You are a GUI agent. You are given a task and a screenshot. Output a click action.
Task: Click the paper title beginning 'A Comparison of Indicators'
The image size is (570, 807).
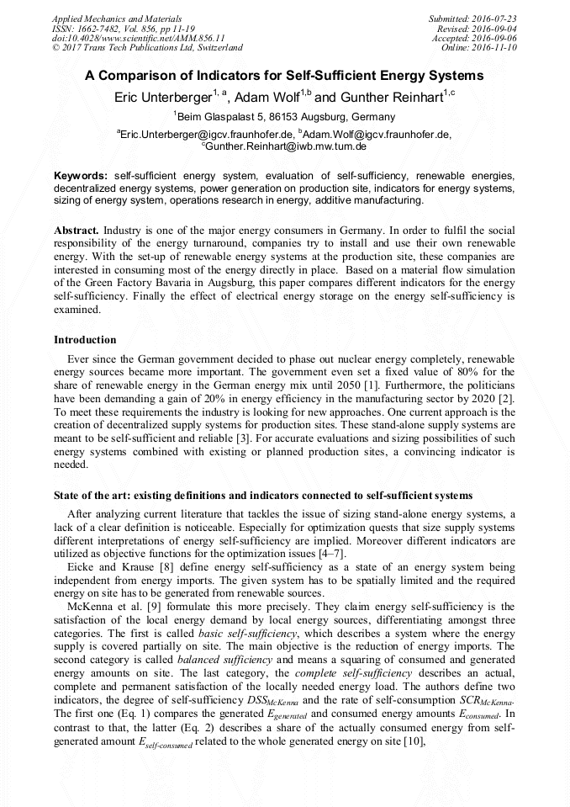(284, 75)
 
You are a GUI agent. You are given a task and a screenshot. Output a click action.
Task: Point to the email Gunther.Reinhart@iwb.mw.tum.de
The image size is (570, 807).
(287, 146)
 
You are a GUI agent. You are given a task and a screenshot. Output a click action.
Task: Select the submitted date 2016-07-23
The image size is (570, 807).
(496, 19)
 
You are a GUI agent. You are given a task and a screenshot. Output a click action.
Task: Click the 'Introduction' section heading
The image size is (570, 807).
(85, 340)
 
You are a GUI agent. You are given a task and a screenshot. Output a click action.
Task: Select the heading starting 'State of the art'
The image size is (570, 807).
(262, 495)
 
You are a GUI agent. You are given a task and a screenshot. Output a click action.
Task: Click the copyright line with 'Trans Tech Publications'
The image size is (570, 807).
(147, 48)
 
